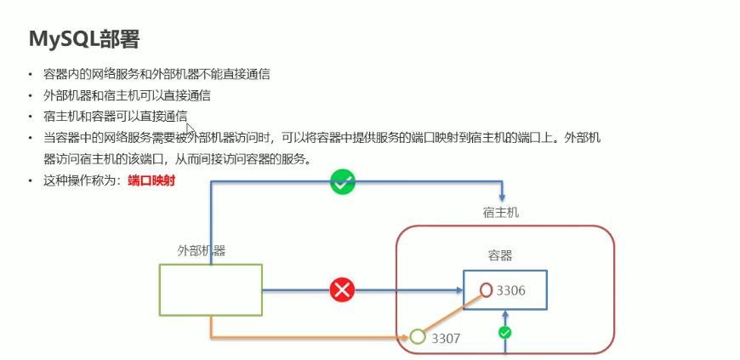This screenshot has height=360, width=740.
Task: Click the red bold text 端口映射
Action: (151, 180)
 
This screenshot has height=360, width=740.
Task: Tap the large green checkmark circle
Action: (343, 181)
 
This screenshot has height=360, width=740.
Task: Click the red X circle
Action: (342, 291)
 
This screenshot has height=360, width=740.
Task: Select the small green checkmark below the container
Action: (504, 333)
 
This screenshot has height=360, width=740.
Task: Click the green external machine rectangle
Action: (210, 290)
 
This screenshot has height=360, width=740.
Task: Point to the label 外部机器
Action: (201, 250)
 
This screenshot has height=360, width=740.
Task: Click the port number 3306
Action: (511, 290)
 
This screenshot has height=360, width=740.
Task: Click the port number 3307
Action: (445, 338)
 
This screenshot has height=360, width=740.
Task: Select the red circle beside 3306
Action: (486, 290)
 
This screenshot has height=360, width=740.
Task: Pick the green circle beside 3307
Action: (418, 337)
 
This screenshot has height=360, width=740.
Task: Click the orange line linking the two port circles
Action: (451, 314)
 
